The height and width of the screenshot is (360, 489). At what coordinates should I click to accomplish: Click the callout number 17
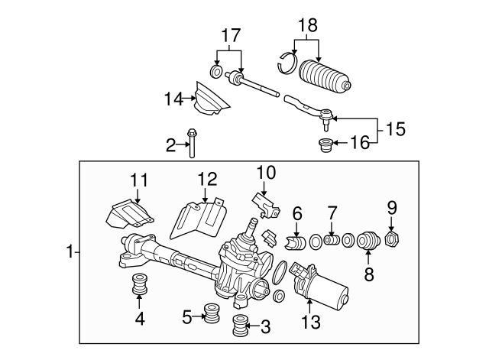231,34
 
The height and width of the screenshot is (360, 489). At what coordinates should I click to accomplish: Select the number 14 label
173,99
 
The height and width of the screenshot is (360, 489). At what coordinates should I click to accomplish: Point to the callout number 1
70,251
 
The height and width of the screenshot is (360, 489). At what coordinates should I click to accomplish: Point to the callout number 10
264,174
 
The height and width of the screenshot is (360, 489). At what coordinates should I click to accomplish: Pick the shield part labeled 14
210,102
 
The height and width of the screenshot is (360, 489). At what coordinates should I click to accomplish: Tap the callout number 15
394,131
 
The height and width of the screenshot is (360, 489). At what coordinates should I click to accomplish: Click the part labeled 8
368,242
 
